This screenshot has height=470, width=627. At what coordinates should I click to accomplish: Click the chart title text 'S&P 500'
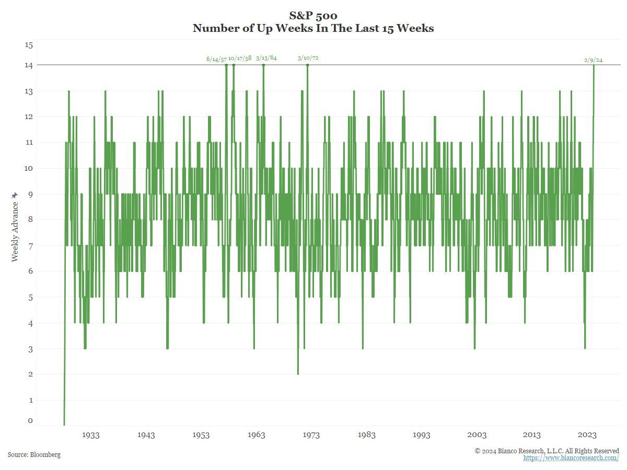click(313, 16)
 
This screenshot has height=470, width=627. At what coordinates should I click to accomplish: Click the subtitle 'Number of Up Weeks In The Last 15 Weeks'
click(313, 29)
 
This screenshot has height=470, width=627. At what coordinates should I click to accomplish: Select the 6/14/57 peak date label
click(216, 60)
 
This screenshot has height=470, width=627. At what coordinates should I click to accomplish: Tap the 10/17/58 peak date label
click(240, 58)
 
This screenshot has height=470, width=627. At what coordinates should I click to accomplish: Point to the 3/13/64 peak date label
click(266, 57)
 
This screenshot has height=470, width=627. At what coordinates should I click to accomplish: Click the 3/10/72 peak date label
click(308, 58)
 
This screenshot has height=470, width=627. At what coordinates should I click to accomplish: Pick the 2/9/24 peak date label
click(594, 60)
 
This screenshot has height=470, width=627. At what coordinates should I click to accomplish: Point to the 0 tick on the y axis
click(30, 420)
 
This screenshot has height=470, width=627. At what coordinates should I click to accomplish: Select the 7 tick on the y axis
click(29, 245)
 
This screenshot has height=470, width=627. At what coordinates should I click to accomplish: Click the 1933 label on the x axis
click(91, 435)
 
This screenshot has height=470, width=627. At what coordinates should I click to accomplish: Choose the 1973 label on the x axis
click(311, 435)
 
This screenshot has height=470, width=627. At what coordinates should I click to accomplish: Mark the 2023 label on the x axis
click(587, 435)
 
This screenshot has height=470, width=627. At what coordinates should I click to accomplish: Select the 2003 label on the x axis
click(477, 435)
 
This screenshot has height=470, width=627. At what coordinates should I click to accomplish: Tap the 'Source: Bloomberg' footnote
click(34, 455)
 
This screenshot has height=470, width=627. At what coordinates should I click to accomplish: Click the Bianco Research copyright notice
click(547, 451)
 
